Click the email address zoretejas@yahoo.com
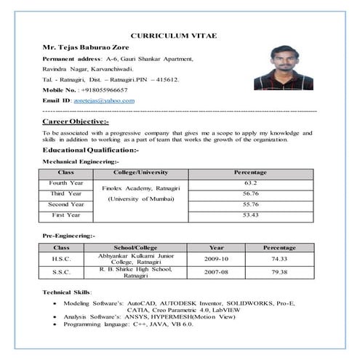[x=105, y=100]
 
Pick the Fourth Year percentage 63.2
[x=251, y=183]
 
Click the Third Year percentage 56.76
[x=251, y=193]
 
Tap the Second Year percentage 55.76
[x=251, y=204]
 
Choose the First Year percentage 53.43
[x=251, y=215]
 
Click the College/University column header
[x=141, y=172]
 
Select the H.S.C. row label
[x=62, y=259]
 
